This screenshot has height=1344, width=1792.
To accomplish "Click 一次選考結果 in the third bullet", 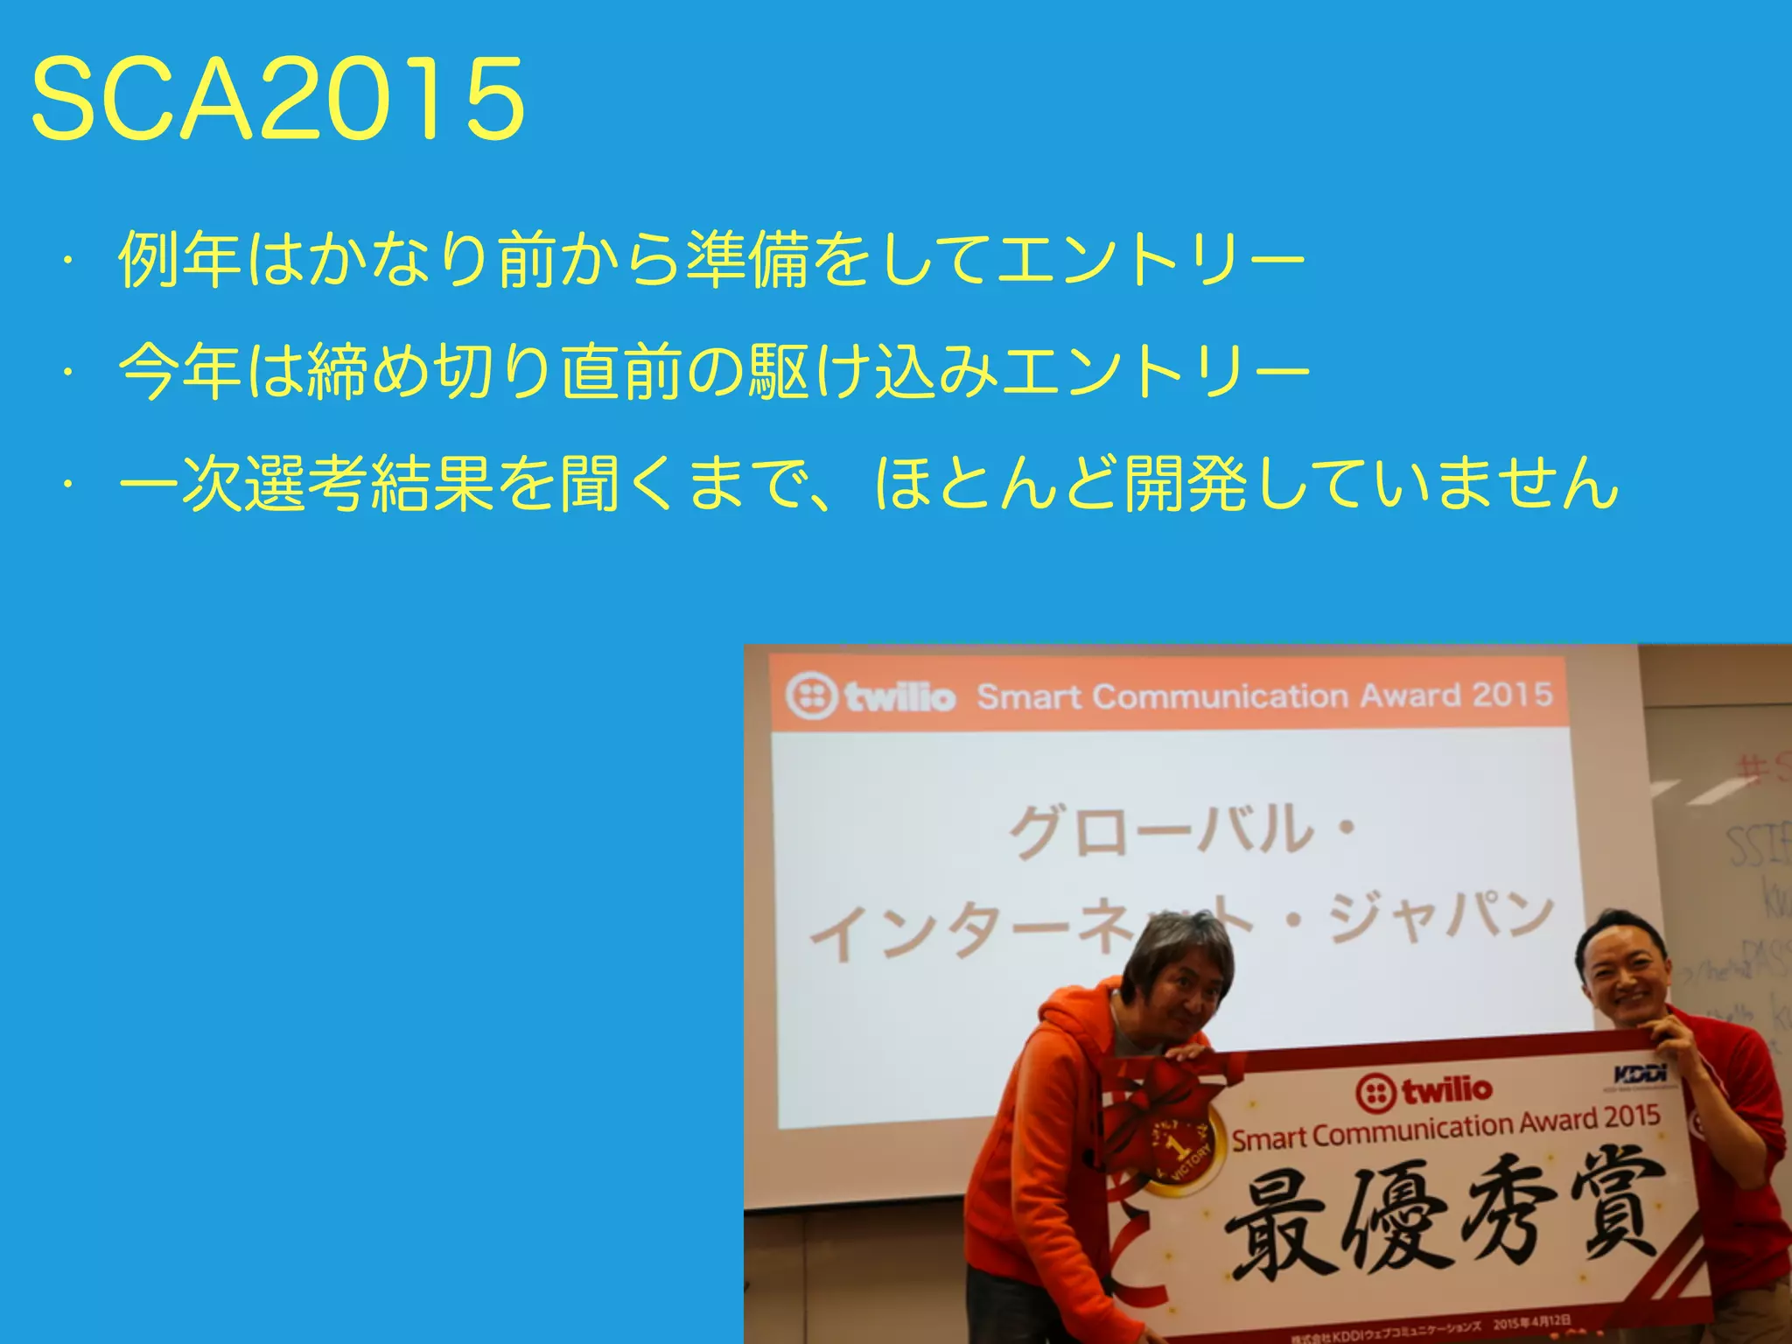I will click(306, 482).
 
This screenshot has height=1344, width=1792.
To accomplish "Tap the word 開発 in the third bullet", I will click(1186, 482).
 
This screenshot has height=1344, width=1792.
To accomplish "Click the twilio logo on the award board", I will click(1424, 1090).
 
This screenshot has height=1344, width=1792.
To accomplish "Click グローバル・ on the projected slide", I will click(1181, 829).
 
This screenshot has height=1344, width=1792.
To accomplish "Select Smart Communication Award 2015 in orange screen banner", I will click(1264, 696).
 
